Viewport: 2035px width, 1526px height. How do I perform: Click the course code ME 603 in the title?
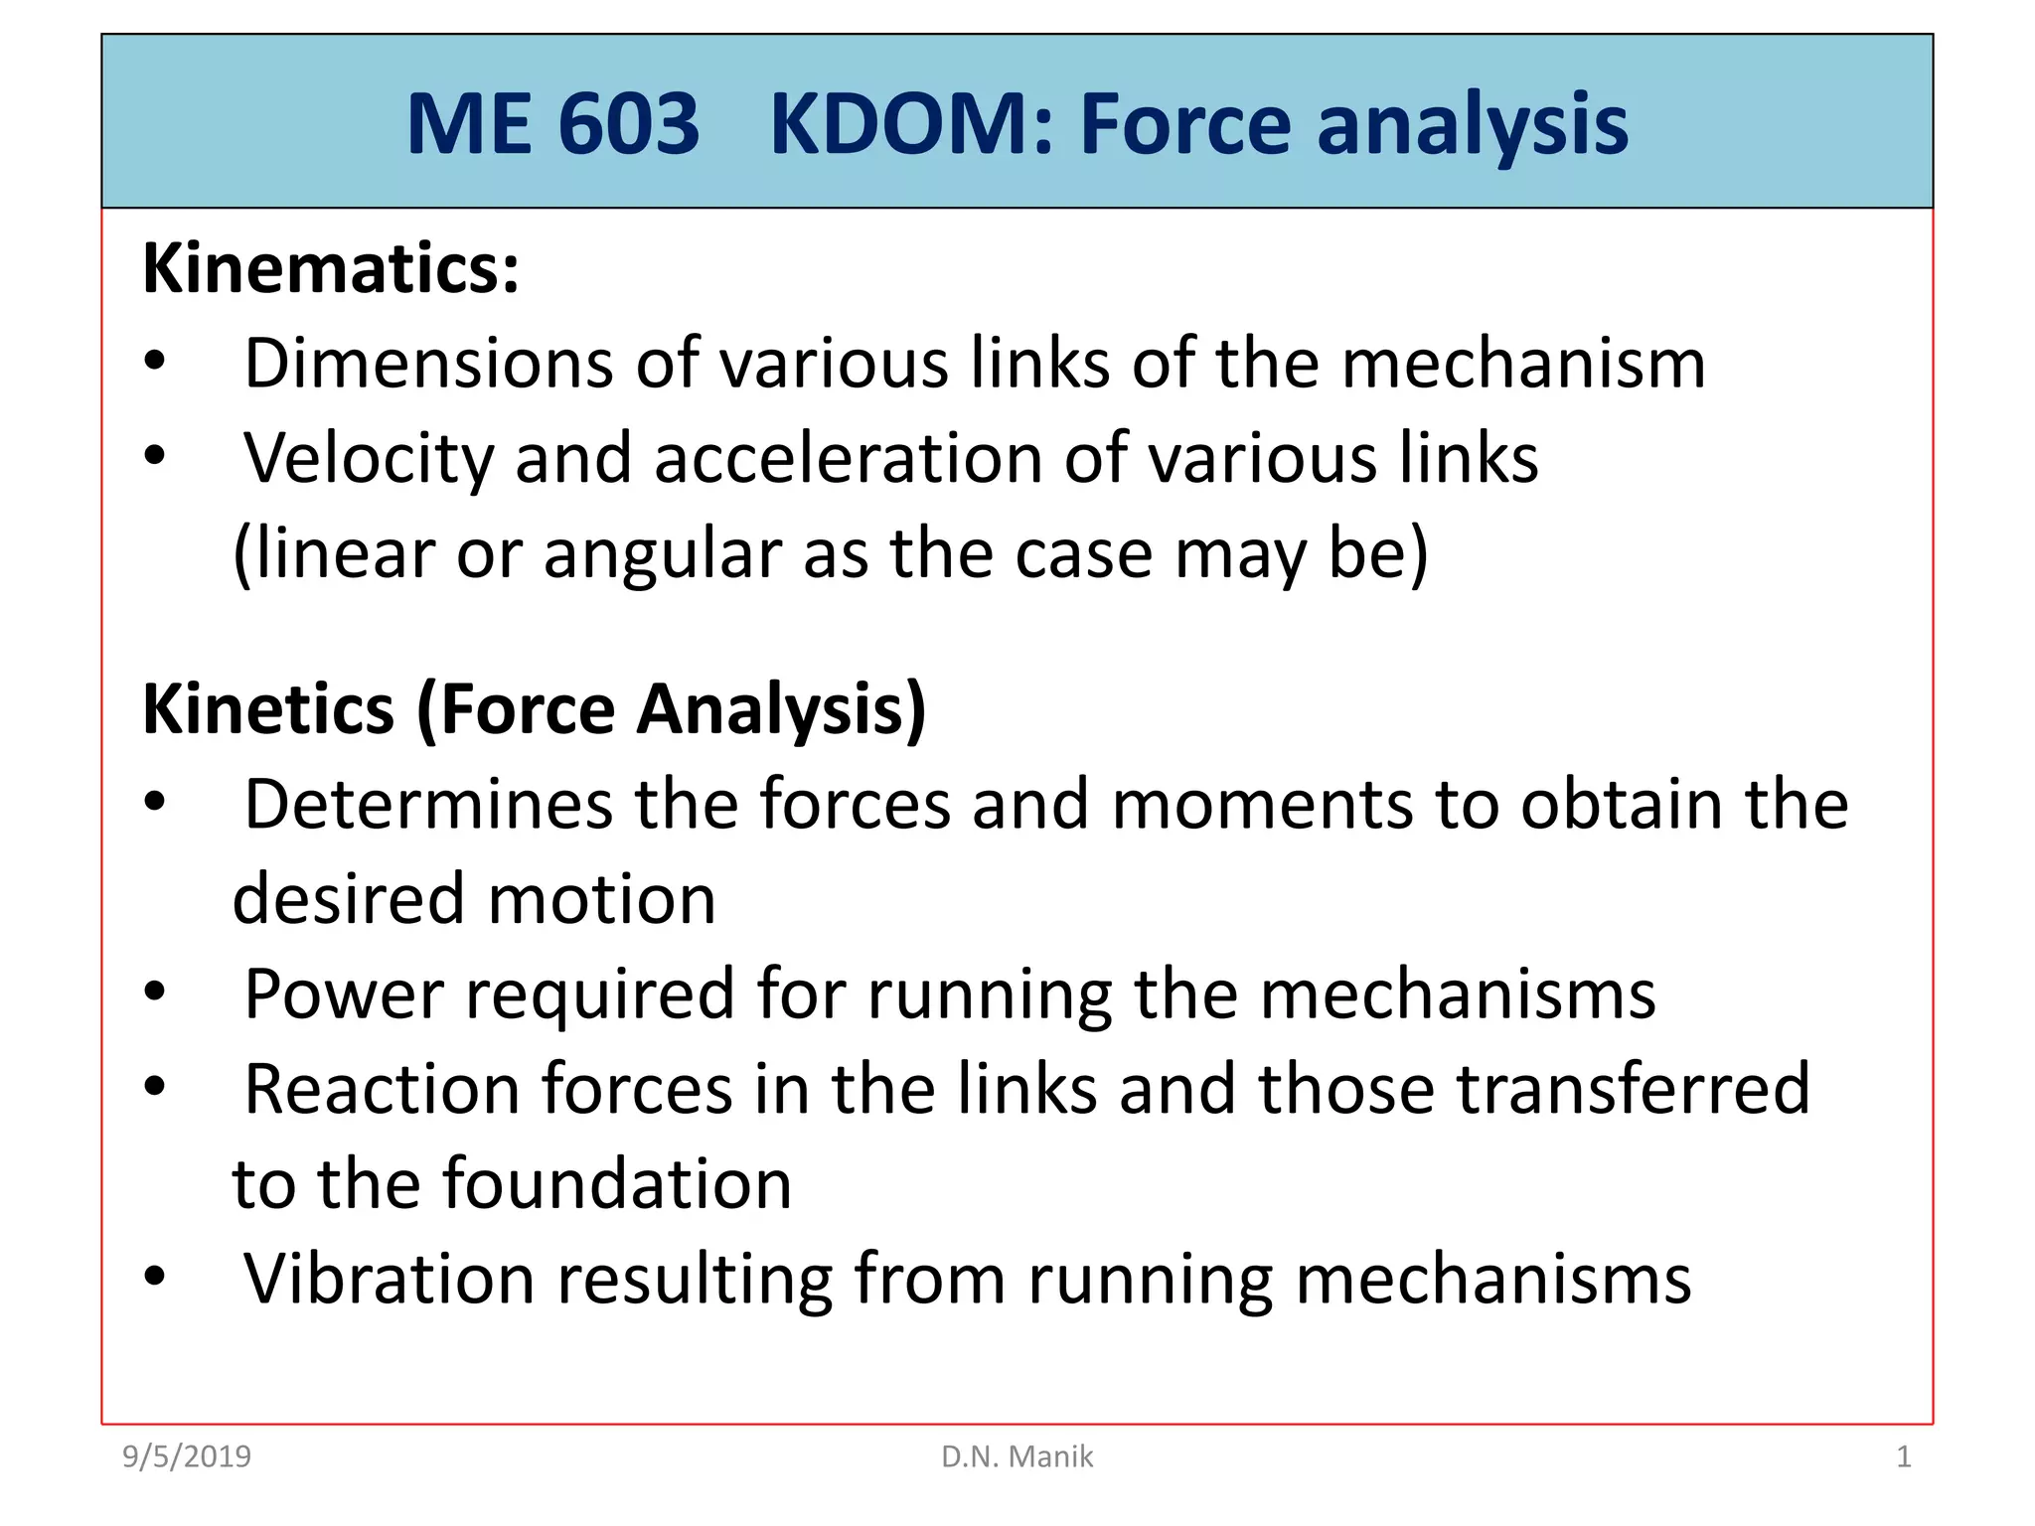(x=552, y=125)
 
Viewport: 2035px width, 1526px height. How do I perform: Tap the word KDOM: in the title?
(x=910, y=125)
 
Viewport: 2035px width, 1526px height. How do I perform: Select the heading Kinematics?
(x=331, y=269)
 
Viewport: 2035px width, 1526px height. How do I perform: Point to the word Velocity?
(x=369, y=459)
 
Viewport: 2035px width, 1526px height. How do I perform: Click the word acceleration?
(x=848, y=459)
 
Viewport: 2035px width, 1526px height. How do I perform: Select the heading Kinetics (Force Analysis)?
(x=535, y=709)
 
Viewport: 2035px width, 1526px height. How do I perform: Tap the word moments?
(x=1261, y=804)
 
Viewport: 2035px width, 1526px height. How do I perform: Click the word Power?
(x=344, y=994)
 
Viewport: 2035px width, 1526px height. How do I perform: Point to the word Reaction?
(x=382, y=1089)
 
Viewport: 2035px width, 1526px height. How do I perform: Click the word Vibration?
(x=389, y=1279)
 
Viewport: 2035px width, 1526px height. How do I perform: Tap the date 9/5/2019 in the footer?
(x=187, y=1457)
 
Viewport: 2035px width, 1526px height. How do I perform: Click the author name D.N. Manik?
(x=1017, y=1457)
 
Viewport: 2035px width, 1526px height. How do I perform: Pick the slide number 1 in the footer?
(x=1903, y=1457)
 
